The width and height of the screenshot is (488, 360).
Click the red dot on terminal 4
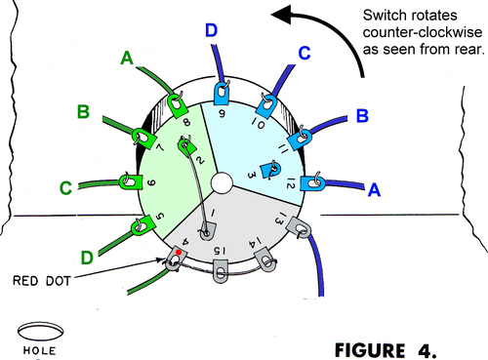pyautogui.click(x=179, y=253)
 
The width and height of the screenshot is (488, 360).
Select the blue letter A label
pyautogui.click(x=373, y=192)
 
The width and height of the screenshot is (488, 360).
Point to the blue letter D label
pyautogui.click(x=212, y=32)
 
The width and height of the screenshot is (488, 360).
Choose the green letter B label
pyautogui.click(x=83, y=112)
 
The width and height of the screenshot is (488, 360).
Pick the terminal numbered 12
pyautogui.click(x=313, y=181)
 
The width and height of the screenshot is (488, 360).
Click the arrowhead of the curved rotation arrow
pyautogui.click(x=280, y=15)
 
